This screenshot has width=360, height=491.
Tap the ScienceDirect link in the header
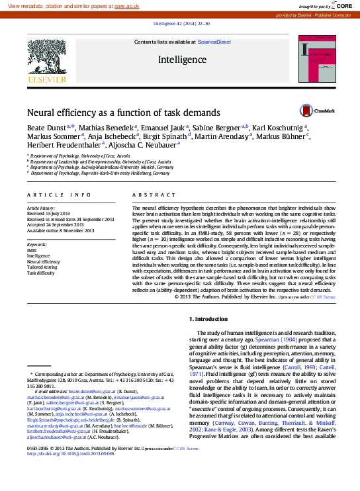coord(214,42)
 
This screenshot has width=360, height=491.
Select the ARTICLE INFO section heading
coord(59,195)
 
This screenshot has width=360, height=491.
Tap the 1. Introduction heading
coord(208,319)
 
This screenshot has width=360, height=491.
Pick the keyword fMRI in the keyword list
coord(32,251)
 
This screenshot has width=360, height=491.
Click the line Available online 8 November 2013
coord(60,230)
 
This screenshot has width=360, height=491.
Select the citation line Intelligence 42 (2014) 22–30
coord(181,22)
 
